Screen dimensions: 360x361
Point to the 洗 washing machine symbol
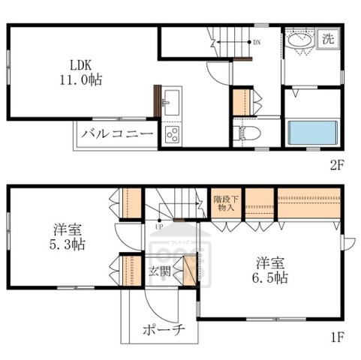coord(328,38)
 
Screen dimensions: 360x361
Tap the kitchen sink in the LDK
coord(170,100)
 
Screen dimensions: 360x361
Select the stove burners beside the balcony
coord(171,136)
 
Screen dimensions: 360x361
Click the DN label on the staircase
coord(257,42)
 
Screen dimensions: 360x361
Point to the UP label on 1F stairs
coord(158,226)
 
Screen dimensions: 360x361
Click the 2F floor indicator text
coord(335,166)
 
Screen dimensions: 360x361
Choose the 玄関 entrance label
coord(158,271)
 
